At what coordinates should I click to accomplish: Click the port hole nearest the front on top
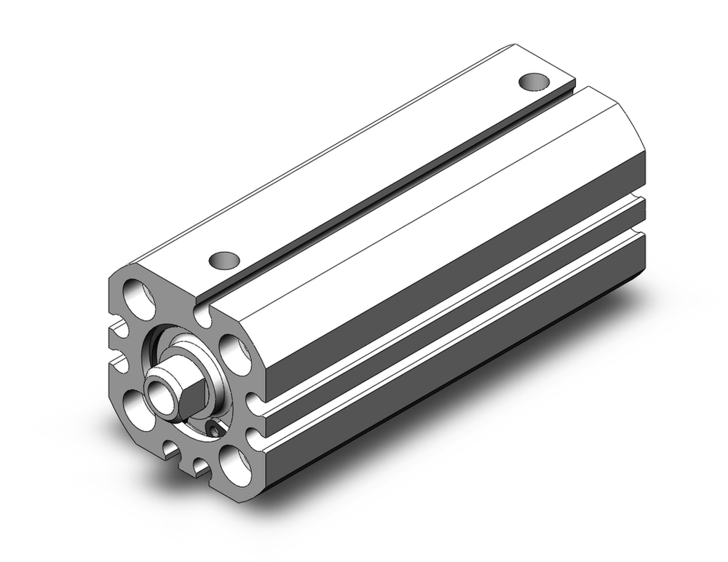[x=224, y=258]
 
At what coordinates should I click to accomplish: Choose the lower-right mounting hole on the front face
[x=234, y=464]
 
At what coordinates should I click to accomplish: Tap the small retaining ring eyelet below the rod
[x=213, y=432]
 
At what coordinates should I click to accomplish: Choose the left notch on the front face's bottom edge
[x=170, y=450]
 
